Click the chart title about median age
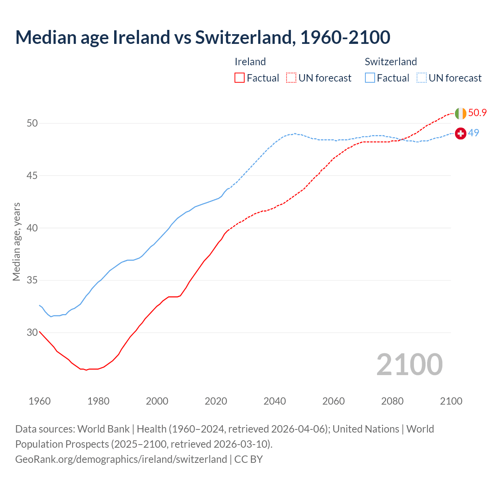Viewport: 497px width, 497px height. click(x=203, y=37)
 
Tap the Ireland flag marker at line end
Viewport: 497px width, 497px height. click(x=461, y=113)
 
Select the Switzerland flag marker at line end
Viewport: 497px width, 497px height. click(x=461, y=134)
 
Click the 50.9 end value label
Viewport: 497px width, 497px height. click(x=477, y=113)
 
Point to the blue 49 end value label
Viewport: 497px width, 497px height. click(x=474, y=133)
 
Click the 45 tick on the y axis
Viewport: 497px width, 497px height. click(x=32, y=176)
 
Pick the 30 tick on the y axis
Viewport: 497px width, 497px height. click(x=32, y=332)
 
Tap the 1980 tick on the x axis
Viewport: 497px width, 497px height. click(x=98, y=401)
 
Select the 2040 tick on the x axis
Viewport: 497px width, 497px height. click(x=275, y=401)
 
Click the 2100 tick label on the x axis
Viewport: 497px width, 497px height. click(x=451, y=401)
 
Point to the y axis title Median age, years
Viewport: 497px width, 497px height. click(x=16, y=242)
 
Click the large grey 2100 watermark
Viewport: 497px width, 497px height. click(x=410, y=364)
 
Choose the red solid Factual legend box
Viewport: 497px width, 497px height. click(x=240, y=78)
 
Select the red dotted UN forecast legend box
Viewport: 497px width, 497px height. click(x=291, y=78)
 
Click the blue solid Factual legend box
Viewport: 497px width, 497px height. click(x=370, y=78)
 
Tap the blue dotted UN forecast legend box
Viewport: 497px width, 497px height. click(x=422, y=78)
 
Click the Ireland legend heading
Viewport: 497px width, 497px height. click(x=250, y=62)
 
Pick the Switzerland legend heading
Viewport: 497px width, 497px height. click(x=391, y=62)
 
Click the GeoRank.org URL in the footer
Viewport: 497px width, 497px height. click(x=121, y=459)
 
